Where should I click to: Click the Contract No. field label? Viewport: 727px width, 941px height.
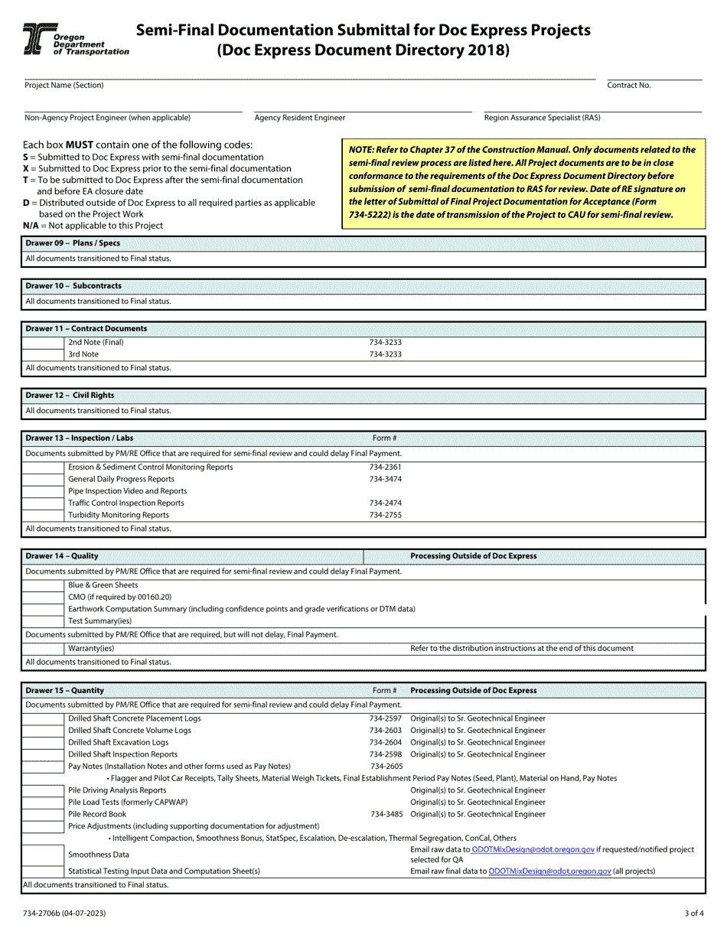(x=628, y=86)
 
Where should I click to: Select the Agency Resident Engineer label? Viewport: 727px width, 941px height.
(x=299, y=118)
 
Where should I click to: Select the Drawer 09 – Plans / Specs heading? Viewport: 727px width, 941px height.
(x=73, y=243)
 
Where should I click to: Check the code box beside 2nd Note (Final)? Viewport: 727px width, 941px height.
(x=44, y=343)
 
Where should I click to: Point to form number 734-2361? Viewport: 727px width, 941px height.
(x=385, y=467)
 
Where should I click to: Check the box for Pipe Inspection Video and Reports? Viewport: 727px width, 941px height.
(x=44, y=491)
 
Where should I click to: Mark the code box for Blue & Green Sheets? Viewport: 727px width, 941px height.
(x=44, y=584)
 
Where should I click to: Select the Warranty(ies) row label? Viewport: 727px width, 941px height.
(x=91, y=649)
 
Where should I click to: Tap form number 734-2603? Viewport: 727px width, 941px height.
(x=385, y=731)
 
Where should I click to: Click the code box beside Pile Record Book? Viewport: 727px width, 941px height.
(x=44, y=814)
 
